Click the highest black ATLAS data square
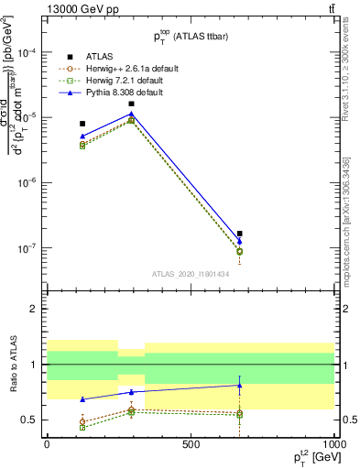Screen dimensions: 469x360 coord(132,104)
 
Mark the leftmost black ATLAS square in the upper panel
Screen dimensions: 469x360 coord(82,124)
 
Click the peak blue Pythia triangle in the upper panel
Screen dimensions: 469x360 coord(132,115)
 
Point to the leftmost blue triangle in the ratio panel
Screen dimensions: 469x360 coord(82,399)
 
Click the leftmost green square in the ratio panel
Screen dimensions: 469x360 coord(82,427)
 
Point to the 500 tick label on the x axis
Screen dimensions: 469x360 coord(191,443)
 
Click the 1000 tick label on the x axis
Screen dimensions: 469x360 coord(333,443)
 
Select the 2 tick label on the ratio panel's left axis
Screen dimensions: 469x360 coord(33,309)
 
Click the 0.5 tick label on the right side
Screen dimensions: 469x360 coord(348,420)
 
